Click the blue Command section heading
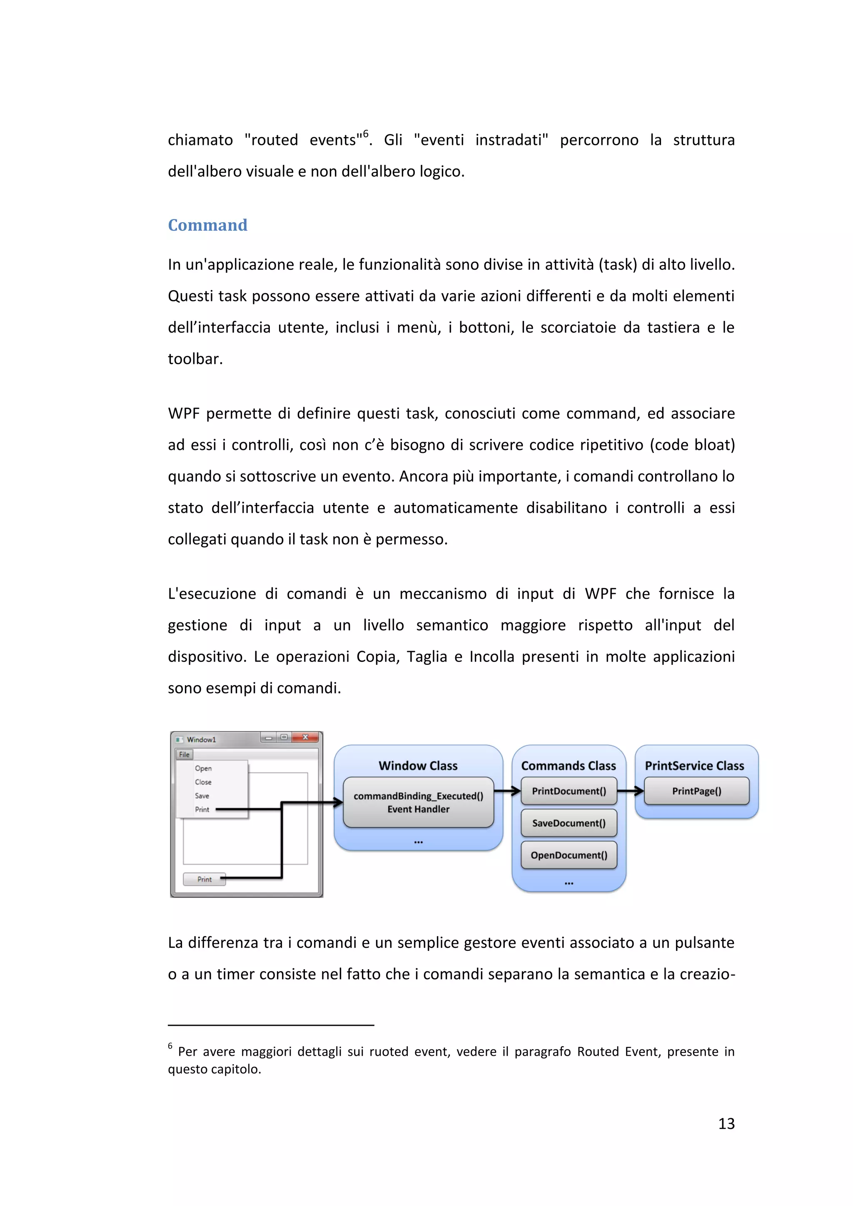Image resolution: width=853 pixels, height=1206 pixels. tap(207, 225)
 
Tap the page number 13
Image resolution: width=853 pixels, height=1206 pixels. tap(726, 1123)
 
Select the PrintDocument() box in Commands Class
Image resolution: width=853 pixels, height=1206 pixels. tap(569, 791)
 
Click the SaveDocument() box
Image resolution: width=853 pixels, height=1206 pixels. tap(569, 823)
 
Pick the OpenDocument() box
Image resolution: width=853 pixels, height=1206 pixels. tap(569, 855)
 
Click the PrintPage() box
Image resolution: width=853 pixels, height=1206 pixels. tap(696, 791)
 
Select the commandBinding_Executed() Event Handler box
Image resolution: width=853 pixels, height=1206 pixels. tap(418, 803)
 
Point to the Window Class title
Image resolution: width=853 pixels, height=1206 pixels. tap(418, 766)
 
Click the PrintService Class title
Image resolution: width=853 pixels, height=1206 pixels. tap(694, 766)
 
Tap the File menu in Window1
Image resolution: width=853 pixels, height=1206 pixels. tap(184, 754)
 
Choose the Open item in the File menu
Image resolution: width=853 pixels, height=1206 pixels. tap(203, 768)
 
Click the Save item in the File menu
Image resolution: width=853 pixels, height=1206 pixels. tap(202, 796)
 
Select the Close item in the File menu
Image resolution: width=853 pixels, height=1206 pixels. tap(203, 782)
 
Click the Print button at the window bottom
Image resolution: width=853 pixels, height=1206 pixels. tap(205, 879)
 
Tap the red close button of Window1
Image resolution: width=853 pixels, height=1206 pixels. tap(305, 738)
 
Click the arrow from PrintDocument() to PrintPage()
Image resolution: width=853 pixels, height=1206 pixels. tap(631, 791)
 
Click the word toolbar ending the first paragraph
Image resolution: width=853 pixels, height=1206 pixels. tap(195, 359)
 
